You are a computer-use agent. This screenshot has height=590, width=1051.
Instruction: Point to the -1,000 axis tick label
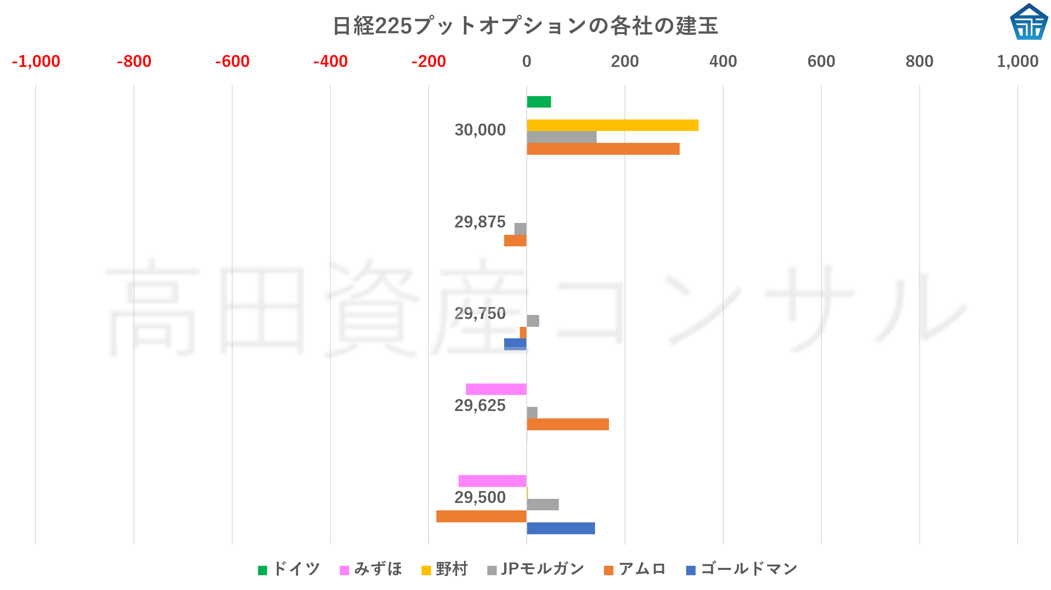(36, 62)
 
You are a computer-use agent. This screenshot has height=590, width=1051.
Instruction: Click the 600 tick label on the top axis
(821, 62)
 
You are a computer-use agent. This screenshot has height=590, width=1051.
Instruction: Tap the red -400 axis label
(330, 62)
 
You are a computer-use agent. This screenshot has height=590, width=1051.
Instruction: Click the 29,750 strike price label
(480, 314)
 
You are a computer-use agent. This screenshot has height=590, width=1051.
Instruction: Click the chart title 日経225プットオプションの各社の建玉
(525, 26)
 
